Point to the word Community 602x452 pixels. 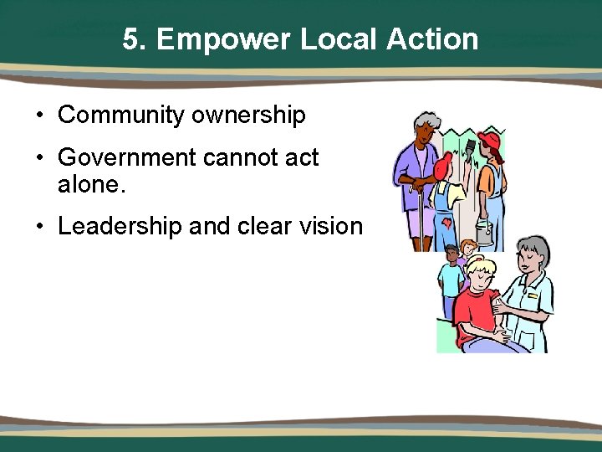(122, 115)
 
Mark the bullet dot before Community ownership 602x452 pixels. (40, 116)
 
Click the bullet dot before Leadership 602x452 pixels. (40, 227)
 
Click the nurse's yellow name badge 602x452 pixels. (531, 295)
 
